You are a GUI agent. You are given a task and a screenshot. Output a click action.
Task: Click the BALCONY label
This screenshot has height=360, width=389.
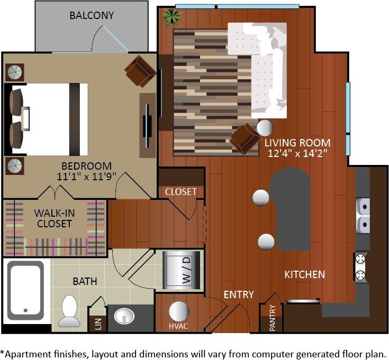click(92, 15)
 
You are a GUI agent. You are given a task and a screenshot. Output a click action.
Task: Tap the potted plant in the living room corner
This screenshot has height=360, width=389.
click(171, 17)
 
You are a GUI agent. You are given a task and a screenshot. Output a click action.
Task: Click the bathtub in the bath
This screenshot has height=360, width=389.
click(25, 291)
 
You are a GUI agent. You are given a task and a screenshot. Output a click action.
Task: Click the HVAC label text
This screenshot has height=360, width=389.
click(178, 326)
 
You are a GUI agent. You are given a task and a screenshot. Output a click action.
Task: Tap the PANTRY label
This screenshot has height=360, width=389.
click(272, 318)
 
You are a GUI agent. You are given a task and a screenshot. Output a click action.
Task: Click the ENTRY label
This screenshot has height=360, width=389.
click(238, 294)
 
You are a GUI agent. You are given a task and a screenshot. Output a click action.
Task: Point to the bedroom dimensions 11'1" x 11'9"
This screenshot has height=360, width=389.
click(87, 176)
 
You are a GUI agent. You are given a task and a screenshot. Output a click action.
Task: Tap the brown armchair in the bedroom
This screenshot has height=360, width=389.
click(140, 71)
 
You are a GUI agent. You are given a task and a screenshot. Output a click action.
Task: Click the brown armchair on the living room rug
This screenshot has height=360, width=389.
click(245, 139)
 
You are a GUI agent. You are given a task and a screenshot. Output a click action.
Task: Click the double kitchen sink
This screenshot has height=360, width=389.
click(363, 216)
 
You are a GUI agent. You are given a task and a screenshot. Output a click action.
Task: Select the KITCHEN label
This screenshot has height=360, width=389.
click(304, 274)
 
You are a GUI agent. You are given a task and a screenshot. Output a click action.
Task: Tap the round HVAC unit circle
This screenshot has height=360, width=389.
click(178, 311)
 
